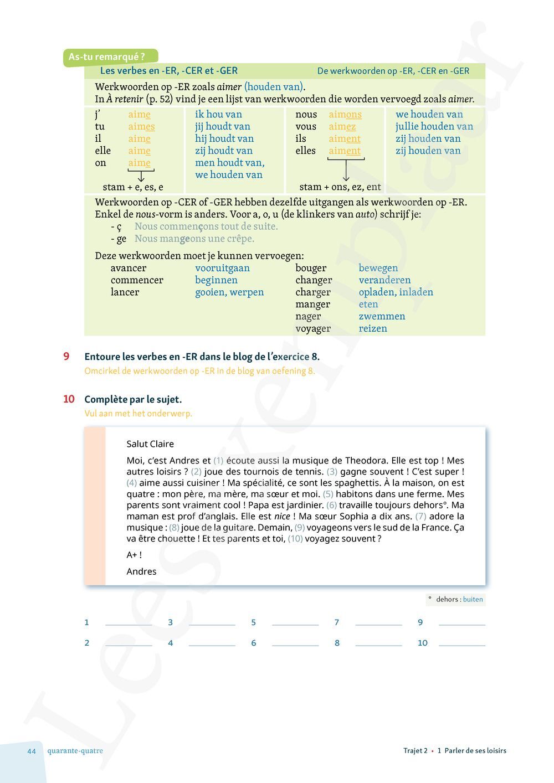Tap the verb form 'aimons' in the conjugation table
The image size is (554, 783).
tap(345, 115)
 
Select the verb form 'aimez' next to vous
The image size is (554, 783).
tap(342, 127)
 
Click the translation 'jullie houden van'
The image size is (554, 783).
tap(434, 127)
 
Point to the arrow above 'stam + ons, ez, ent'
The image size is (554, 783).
tap(346, 170)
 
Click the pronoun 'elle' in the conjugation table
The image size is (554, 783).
tap(102, 151)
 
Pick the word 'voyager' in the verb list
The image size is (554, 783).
tap(312, 329)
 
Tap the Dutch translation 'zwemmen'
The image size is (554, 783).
tap(382, 317)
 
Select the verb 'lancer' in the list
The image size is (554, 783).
tap(125, 292)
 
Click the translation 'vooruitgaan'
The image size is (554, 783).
tap(222, 268)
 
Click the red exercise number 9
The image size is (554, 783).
tap(66, 357)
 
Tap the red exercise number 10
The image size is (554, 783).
tap(69, 399)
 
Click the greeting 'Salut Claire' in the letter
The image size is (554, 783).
tap(150, 444)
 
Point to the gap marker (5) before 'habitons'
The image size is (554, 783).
tap(328, 494)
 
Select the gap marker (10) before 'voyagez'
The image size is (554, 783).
tap(295, 539)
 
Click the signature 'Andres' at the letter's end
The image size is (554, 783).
tap(141, 571)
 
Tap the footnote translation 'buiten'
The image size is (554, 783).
tap(473, 600)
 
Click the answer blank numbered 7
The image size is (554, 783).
tap(378, 622)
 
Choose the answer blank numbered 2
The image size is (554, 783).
tap(129, 643)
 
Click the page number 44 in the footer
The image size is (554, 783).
tap(32, 751)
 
